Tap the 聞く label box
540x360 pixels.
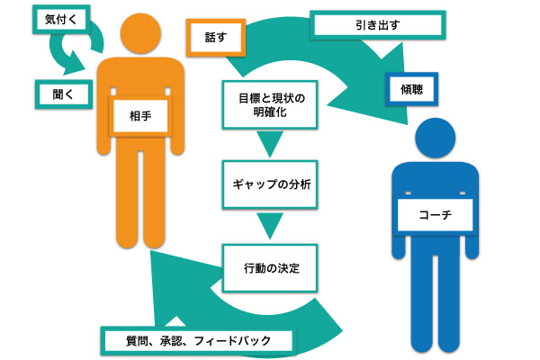coord(58,92)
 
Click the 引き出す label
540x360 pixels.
coord(377,25)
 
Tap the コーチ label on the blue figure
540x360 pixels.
coord(435,215)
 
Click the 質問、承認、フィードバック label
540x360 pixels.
coord(196,340)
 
